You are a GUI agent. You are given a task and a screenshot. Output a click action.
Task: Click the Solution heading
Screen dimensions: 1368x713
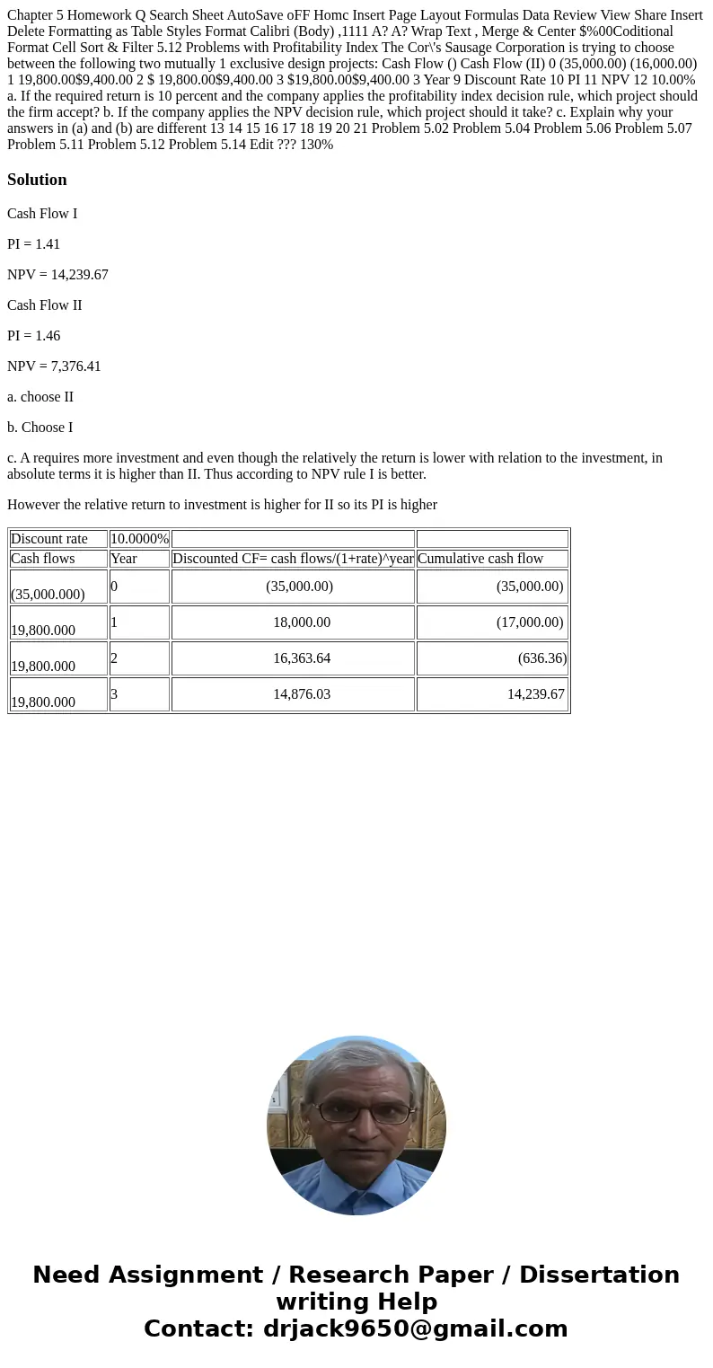click(x=37, y=180)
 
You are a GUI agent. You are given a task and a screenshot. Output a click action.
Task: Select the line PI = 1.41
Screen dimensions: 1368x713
click(x=33, y=244)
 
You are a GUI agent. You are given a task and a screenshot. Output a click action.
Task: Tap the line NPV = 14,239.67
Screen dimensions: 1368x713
click(x=57, y=275)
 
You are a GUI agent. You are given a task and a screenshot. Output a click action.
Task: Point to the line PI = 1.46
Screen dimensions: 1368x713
click(x=33, y=336)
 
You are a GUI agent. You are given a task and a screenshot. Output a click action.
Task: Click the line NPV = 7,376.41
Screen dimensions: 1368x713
click(x=54, y=366)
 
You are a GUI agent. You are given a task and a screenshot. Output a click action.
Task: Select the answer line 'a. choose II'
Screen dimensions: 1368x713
click(x=40, y=397)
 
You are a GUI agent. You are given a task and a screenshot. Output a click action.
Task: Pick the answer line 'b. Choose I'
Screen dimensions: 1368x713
click(x=40, y=428)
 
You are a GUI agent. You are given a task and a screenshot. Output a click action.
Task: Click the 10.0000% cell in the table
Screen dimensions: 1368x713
click(x=139, y=539)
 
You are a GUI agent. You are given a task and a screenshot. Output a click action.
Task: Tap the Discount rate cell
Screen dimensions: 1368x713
click(x=49, y=539)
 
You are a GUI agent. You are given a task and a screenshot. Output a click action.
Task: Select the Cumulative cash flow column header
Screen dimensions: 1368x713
click(x=480, y=559)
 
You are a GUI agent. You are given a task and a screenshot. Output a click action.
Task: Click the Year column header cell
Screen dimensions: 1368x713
click(x=124, y=559)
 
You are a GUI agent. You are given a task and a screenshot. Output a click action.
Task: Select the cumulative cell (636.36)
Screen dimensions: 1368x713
click(x=541, y=658)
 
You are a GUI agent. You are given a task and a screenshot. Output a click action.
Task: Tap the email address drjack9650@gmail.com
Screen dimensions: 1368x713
click(x=415, y=1329)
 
